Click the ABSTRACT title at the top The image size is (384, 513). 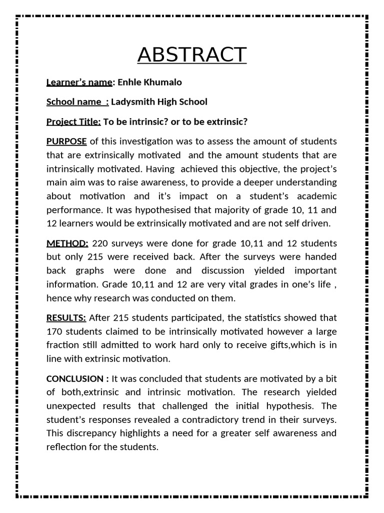point(192,55)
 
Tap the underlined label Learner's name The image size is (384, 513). point(79,82)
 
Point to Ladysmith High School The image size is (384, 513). point(159,102)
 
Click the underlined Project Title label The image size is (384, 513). point(73,122)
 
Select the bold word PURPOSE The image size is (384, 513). point(66,141)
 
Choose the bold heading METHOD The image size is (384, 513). point(67,243)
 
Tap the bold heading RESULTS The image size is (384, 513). point(66,318)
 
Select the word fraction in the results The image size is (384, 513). point(62,345)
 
